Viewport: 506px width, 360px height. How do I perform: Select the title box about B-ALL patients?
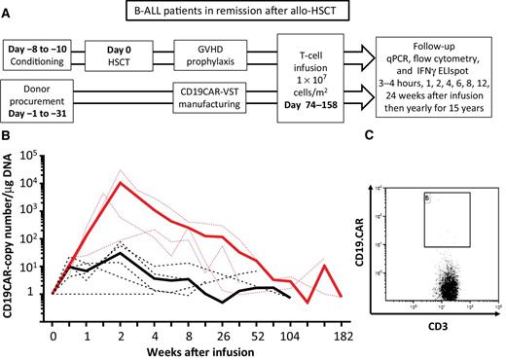[252, 13]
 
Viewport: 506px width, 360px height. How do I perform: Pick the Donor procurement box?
[41, 102]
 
